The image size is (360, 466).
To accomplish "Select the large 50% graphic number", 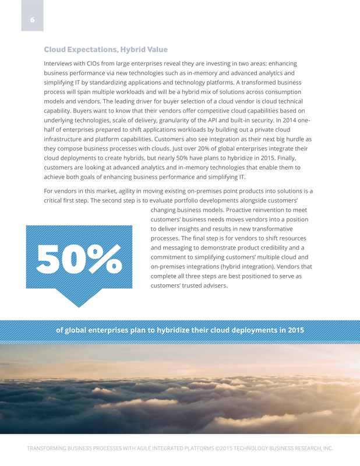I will click(x=79, y=258).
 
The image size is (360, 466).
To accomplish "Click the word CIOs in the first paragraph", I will click(x=107, y=63).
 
